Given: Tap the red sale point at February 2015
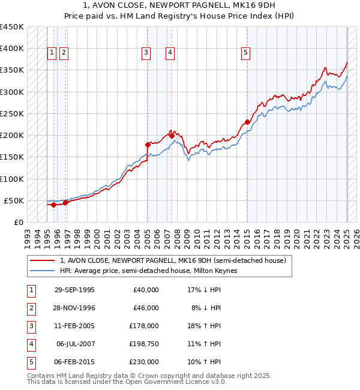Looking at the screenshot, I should (x=247, y=122).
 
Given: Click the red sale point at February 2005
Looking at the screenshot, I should (x=148, y=145).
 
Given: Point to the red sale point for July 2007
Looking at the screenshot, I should (x=172, y=136).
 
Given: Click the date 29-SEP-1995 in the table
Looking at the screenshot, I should (x=74, y=290).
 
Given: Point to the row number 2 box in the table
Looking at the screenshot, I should (x=31, y=308).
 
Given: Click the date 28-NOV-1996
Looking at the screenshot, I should (x=74, y=308).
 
